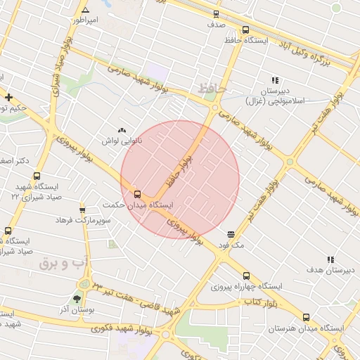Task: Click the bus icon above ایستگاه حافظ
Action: (245, 30)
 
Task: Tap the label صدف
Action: (215, 24)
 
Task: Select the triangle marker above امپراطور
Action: (85, 10)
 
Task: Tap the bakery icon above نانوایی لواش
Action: (122, 130)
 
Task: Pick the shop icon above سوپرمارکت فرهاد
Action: (82, 210)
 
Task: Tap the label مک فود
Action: (231, 245)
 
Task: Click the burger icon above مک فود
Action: (231, 234)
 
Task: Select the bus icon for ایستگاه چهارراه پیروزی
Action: (245, 276)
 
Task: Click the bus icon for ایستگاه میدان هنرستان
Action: (305, 317)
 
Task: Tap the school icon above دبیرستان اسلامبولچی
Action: (274, 81)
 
